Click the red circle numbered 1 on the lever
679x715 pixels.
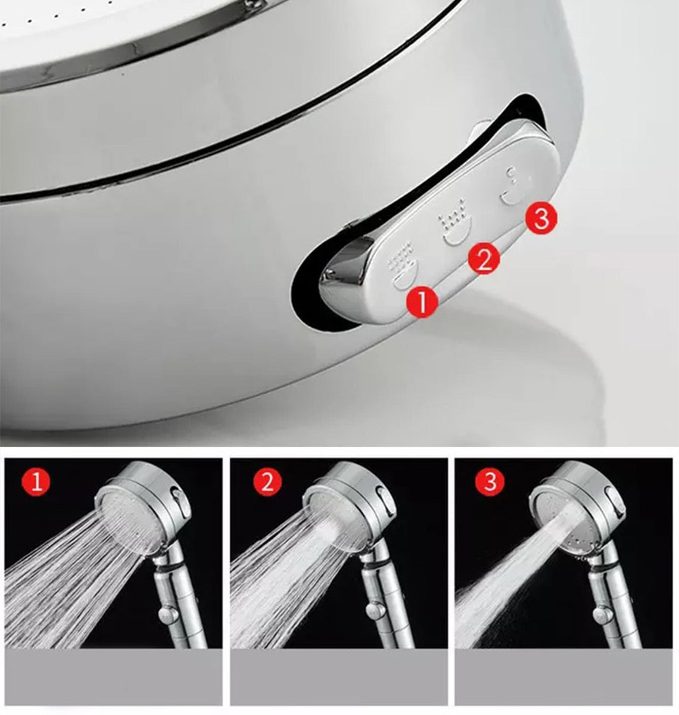point(422,301)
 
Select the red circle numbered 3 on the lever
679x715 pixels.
point(541,218)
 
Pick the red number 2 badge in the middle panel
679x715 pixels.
point(267,483)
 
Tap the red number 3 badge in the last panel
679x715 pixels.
point(490,482)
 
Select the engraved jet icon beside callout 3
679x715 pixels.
point(511,187)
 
